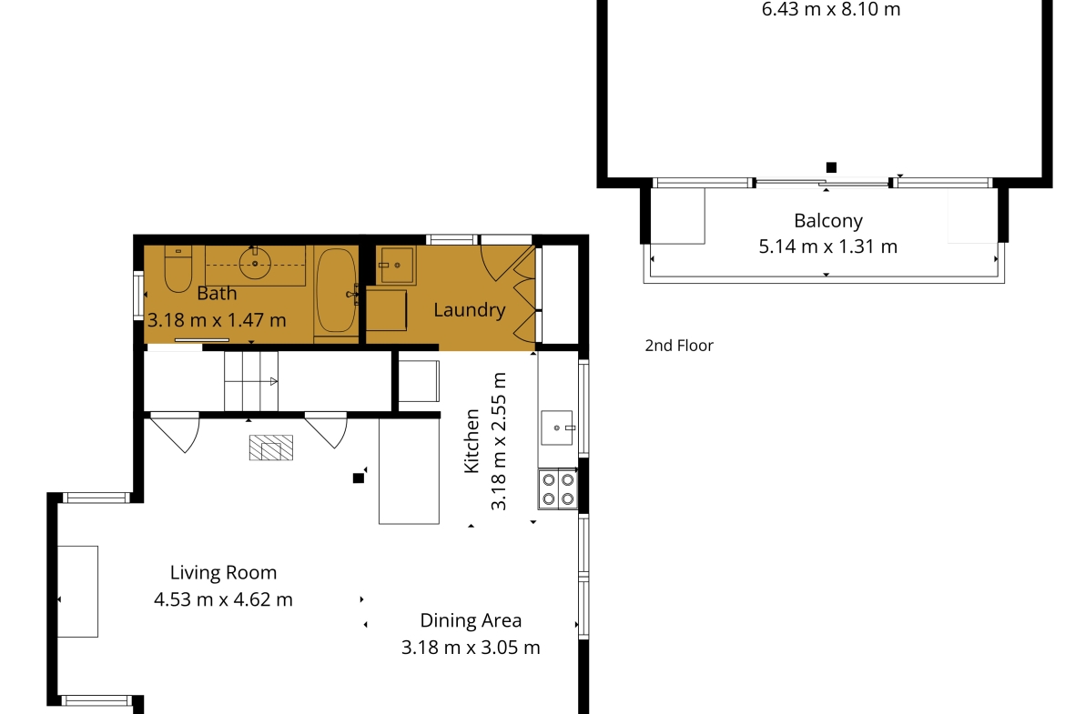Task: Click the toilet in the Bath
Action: click(177, 268)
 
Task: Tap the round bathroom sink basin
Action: click(255, 264)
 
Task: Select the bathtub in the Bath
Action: click(336, 289)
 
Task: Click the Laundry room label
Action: click(470, 310)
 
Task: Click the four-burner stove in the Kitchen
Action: click(558, 489)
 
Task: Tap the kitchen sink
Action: click(557, 427)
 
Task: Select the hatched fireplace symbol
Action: click(271, 448)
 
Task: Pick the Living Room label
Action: click(223, 573)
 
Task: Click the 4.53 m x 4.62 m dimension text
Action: click(223, 600)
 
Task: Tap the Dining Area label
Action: click(471, 621)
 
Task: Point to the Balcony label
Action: click(828, 221)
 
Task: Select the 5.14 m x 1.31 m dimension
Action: click(828, 246)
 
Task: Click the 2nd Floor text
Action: click(679, 346)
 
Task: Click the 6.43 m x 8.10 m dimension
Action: click(831, 9)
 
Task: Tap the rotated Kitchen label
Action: click(472, 441)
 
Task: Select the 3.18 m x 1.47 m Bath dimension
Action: click(217, 320)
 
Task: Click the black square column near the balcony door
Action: click(831, 167)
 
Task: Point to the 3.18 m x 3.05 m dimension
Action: click(471, 648)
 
